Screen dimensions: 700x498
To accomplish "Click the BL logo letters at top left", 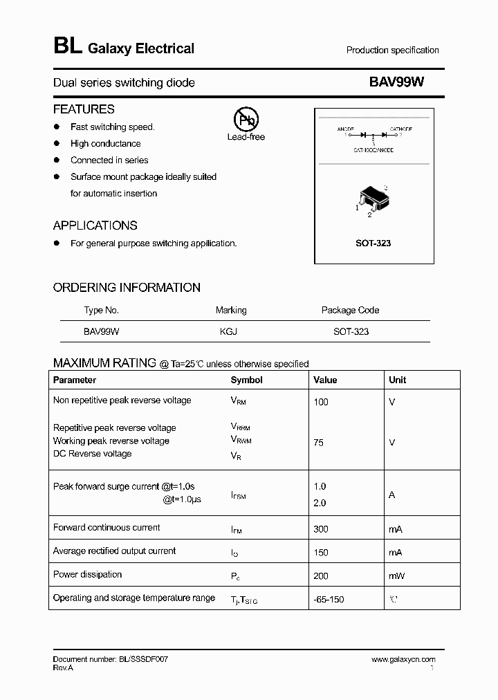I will click(x=67, y=46).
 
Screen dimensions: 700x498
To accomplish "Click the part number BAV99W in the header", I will click(x=396, y=82).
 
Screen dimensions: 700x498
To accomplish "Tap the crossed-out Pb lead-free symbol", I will click(x=246, y=120).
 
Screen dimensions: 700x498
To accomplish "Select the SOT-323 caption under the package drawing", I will click(x=373, y=243).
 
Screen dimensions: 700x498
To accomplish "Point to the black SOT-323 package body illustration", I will click(x=372, y=198).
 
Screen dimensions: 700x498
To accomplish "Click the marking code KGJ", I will click(x=228, y=331).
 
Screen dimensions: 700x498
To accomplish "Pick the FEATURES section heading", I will click(x=84, y=109).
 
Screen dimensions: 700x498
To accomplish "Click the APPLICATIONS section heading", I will click(x=95, y=225).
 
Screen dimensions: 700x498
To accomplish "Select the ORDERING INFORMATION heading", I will click(x=127, y=288).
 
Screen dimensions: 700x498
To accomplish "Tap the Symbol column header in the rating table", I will click(x=246, y=380).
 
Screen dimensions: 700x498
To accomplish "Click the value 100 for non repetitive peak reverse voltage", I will click(x=321, y=402).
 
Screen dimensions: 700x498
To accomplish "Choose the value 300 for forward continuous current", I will click(x=321, y=529).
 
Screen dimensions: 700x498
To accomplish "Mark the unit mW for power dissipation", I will click(x=397, y=575).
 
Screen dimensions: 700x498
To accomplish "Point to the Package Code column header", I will click(x=350, y=310).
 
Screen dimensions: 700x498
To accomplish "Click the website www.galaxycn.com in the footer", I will click(x=403, y=660).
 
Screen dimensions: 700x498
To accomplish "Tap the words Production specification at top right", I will click(x=392, y=50).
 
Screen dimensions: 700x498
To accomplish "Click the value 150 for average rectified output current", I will click(x=321, y=553).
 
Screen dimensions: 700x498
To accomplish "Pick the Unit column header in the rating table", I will click(x=397, y=380).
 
